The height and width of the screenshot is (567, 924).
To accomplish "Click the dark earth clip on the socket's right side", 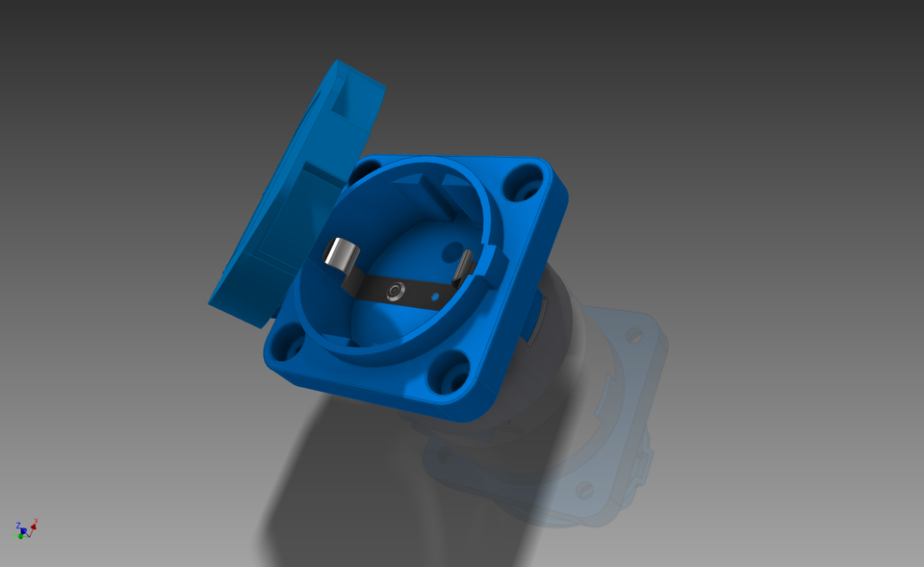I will [x=466, y=264].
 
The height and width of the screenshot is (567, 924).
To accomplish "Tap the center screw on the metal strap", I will [x=394, y=291].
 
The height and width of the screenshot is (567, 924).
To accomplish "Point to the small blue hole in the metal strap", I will [x=433, y=295].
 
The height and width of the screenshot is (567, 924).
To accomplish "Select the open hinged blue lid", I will [x=289, y=193].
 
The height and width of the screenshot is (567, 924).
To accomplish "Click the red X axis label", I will [x=36, y=521].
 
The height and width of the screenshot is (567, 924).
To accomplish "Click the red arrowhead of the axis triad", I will [x=33, y=528].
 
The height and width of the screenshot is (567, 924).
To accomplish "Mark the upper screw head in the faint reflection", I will [x=633, y=335].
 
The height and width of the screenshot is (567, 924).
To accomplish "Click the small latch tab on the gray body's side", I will [x=536, y=318].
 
